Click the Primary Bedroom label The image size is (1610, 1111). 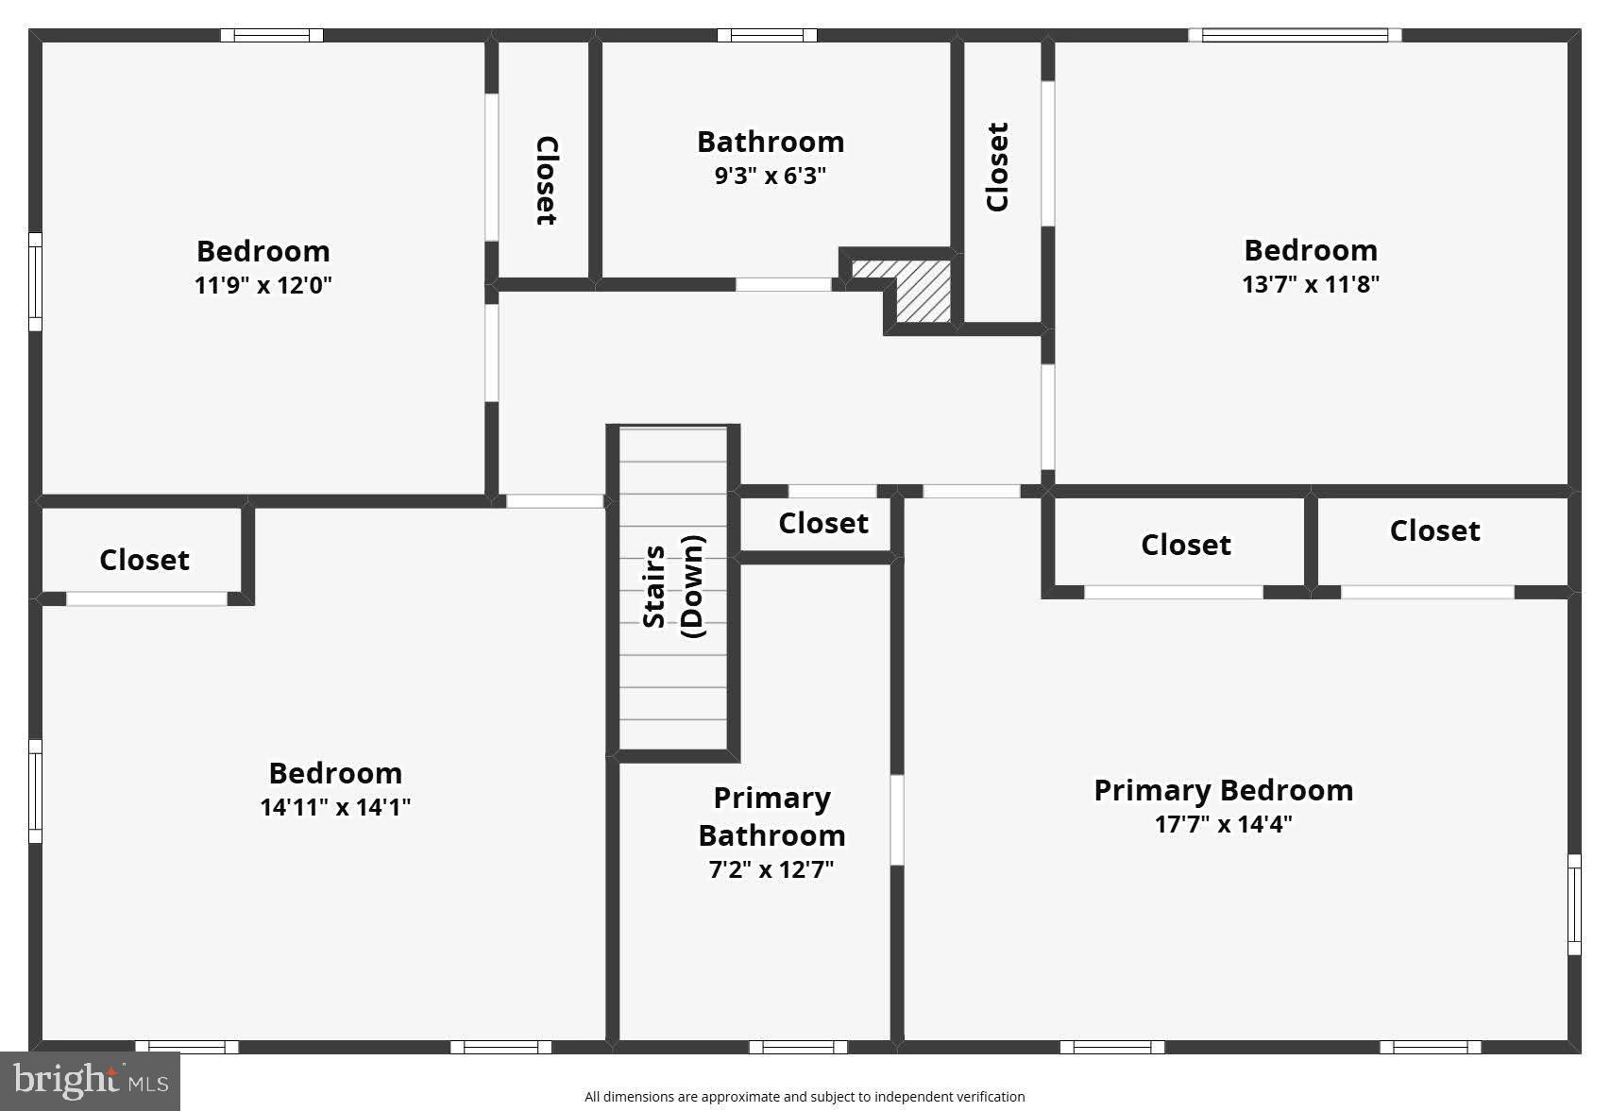[x=1223, y=790]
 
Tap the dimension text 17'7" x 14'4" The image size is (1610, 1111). [x=1223, y=824]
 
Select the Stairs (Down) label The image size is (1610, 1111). [x=672, y=587]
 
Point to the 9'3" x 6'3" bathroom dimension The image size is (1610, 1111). [x=770, y=176]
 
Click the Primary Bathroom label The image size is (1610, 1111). [x=771, y=816]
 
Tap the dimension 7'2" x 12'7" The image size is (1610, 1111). [x=771, y=869]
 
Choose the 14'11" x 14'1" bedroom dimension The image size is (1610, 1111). [x=335, y=807]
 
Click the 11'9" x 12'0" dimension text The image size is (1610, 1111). [x=263, y=285]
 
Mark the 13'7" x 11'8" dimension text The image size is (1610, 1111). [x=1310, y=284]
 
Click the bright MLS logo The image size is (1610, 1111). [x=90, y=1081]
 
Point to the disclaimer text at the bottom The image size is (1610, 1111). [x=804, y=1097]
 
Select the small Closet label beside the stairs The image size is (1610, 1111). [x=822, y=523]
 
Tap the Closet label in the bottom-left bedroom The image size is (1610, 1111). [x=144, y=560]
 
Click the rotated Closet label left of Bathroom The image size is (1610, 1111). [x=546, y=180]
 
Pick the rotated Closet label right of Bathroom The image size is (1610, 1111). [x=997, y=167]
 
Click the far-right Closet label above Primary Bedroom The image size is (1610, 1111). [x=1434, y=530]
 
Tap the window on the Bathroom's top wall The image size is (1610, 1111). [x=767, y=36]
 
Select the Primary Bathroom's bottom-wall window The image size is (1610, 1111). [x=798, y=1046]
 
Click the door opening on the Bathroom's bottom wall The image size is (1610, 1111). [x=783, y=284]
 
